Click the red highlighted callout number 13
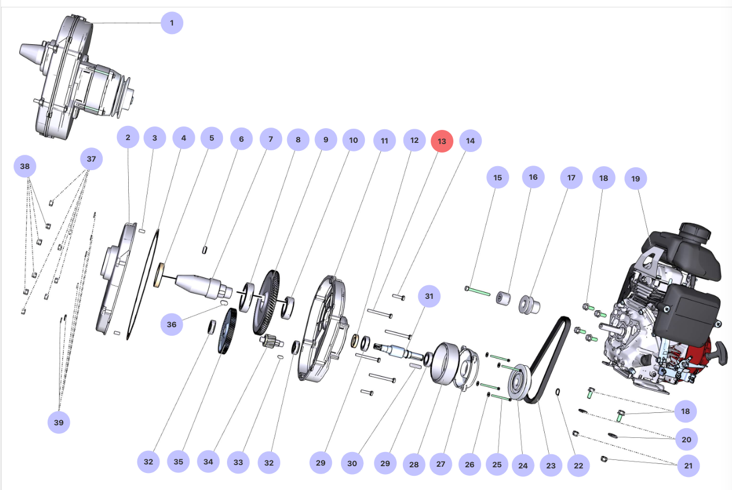pyautogui.click(x=442, y=141)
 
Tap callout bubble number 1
pyautogui.click(x=172, y=23)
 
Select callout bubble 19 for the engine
pyautogui.click(x=636, y=179)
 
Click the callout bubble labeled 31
pyautogui.click(x=429, y=296)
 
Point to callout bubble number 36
pyautogui.click(x=171, y=324)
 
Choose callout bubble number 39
pyautogui.click(x=58, y=422)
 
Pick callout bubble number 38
pyautogui.click(x=24, y=167)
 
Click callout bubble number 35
pyautogui.click(x=178, y=462)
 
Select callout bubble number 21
pyautogui.click(x=688, y=466)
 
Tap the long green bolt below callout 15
pyautogui.click(x=478, y=292)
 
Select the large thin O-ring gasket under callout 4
pyautogui.click(x=142, y=284)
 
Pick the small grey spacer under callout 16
pyautogui.click(x=503, y=298)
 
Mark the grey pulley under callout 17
pyautogui.click(x=529, y=305)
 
